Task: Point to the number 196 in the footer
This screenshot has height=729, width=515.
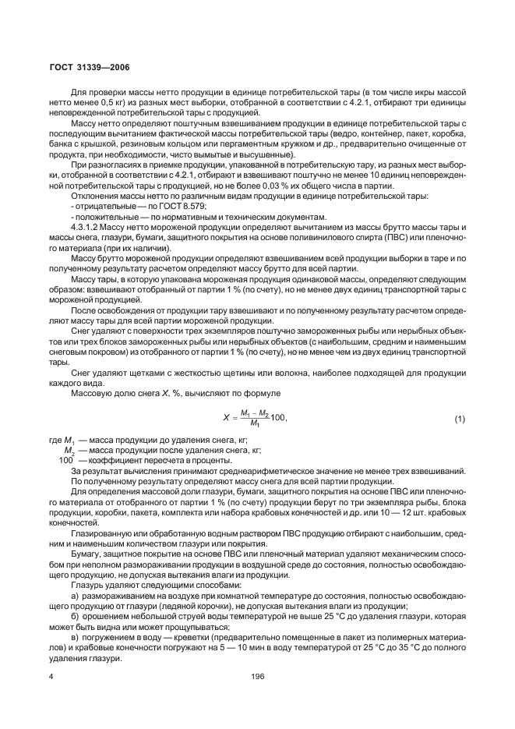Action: (257, 676)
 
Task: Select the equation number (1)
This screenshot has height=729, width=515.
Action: (460, 419)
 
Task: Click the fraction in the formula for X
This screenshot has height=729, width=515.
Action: (254, 419)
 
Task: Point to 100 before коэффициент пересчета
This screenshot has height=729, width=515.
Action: (66, 461)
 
